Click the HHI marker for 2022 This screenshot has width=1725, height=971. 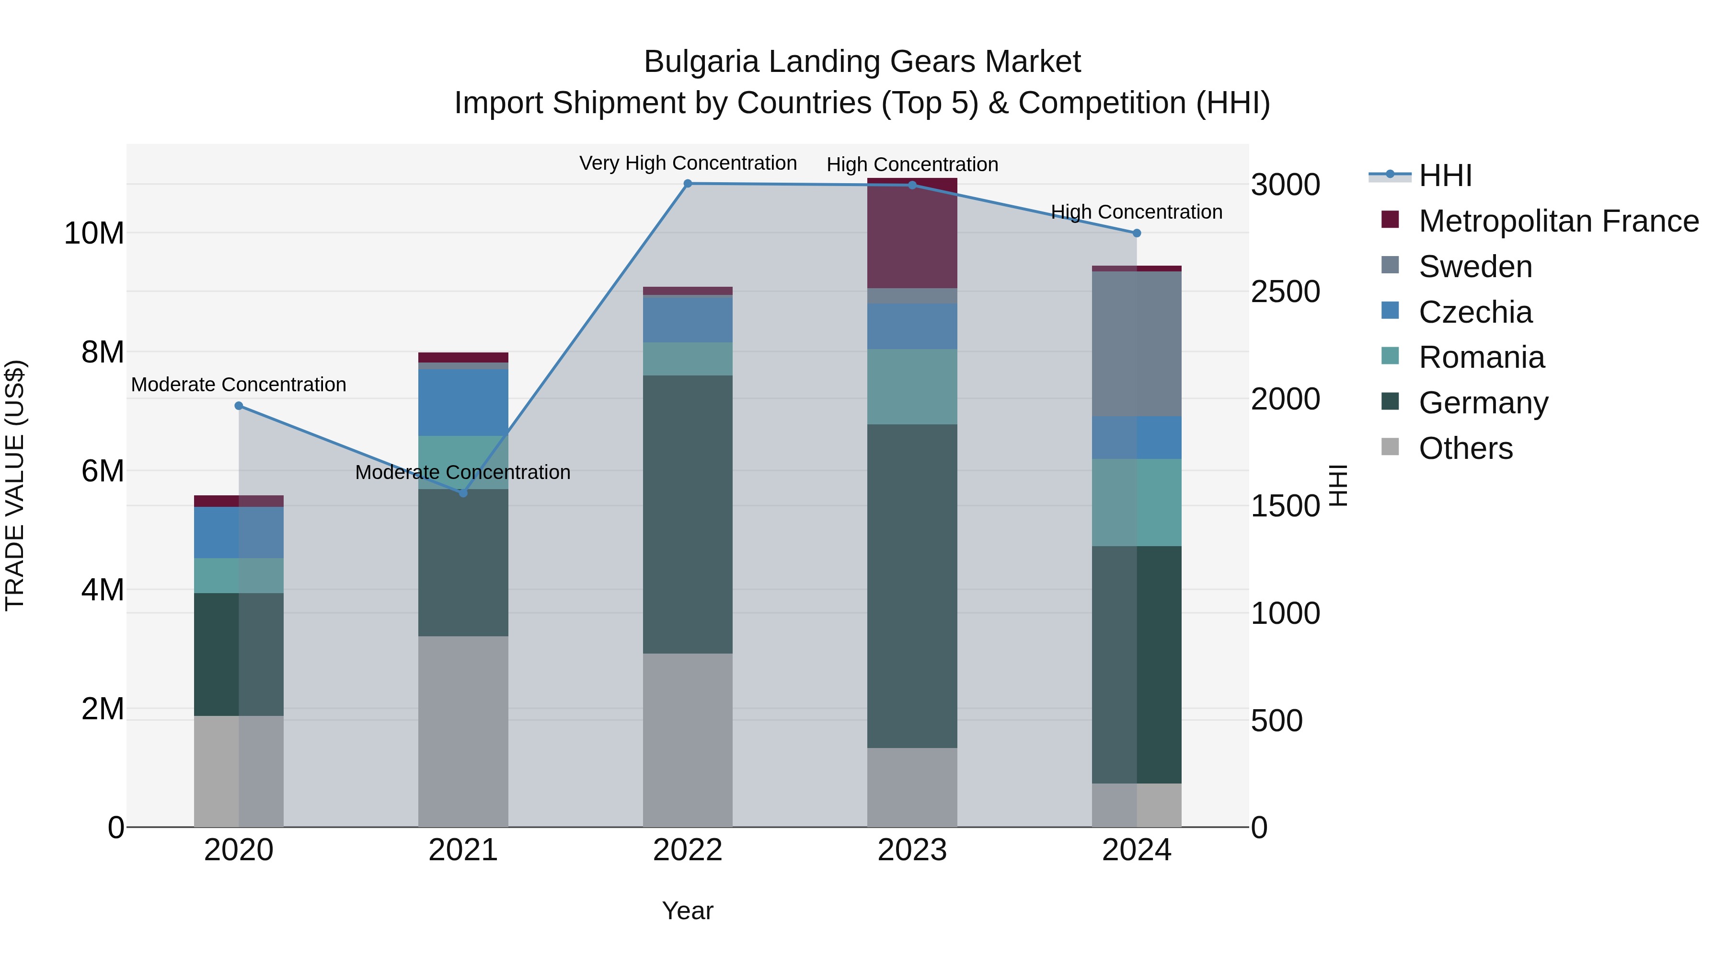(x=688, y=184)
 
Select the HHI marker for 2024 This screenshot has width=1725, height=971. (x=1137, y=233)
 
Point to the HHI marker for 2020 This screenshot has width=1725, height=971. (x=239, y=405)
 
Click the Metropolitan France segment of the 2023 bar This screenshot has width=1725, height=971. (x=912, y=233)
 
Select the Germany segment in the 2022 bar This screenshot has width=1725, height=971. (x=688, y=514)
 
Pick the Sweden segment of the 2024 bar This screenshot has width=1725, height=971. (x=1137, y=344)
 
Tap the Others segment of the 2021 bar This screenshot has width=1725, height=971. (x=463, y=731)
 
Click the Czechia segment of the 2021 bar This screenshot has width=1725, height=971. (x=463, y=402)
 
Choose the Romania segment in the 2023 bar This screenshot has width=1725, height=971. (x=912, y=386)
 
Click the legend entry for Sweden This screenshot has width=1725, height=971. (x=1475, y=267)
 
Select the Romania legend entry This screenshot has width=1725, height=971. (x=1481, y=357)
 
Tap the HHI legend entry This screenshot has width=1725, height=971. (x=1445, y=175)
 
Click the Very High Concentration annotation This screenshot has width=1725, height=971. (x=688, y=164)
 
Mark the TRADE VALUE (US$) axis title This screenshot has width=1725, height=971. (x=15, y=485)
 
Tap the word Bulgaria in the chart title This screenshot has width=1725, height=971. (x=701, y=62)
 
